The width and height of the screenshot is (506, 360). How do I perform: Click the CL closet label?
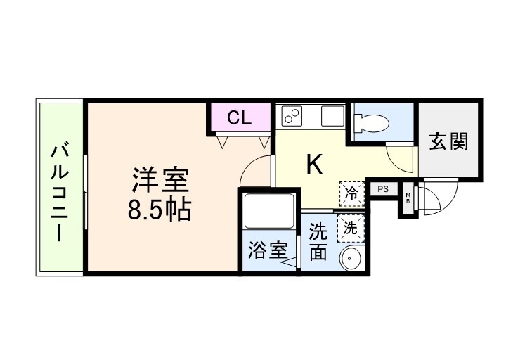pos(238,117)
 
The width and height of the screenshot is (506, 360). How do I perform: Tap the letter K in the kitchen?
pos(313,164)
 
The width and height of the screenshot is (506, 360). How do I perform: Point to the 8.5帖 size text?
pos(160,210)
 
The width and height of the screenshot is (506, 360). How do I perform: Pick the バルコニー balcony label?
pos(60,191)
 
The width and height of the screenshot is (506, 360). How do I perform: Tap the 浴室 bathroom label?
pos(268,250)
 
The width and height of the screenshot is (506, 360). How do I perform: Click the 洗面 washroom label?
pos(318,241)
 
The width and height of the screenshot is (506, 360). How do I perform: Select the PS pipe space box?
pos(383,189)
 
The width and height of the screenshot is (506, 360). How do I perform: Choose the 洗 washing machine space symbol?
pos(350,226)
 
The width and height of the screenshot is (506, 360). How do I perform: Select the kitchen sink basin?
pos(331,116)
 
